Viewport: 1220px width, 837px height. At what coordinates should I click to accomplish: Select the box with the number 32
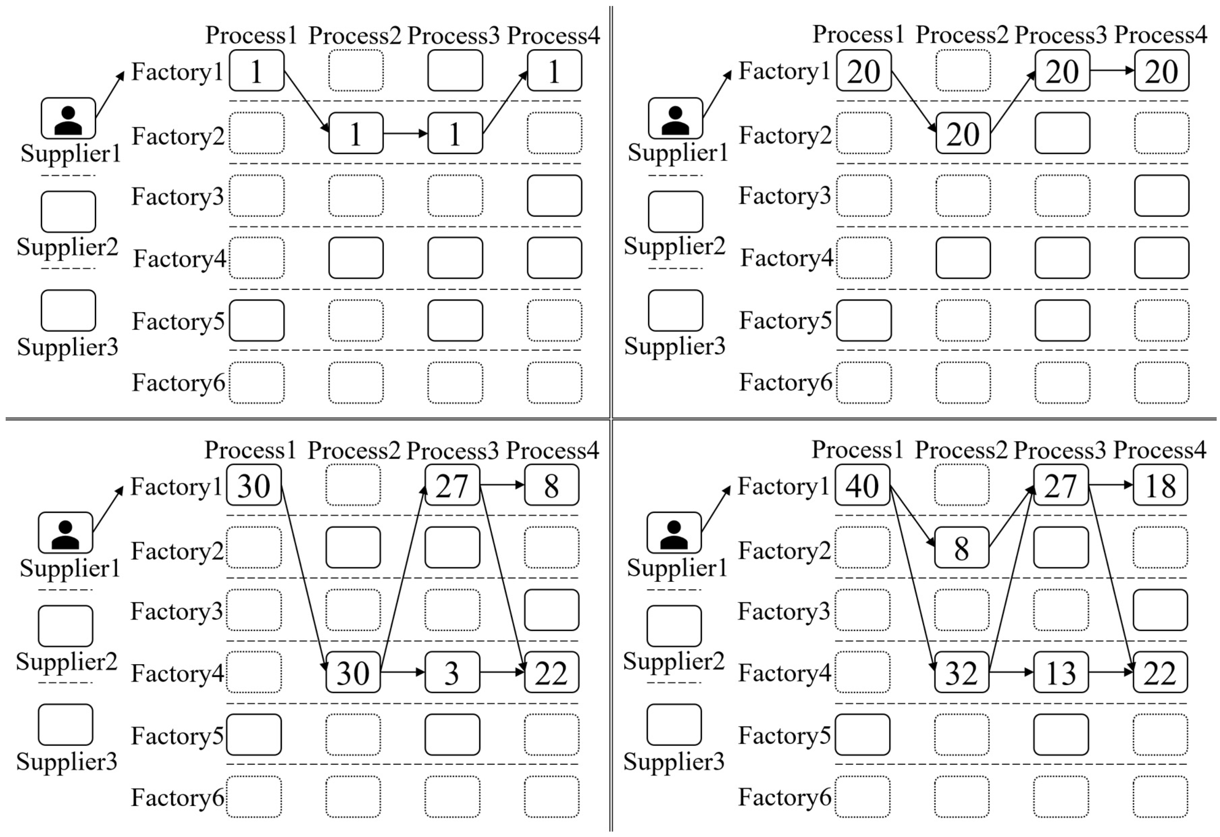[x=961, y=673]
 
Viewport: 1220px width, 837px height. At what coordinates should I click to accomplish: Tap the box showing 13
[x=1061, y=673]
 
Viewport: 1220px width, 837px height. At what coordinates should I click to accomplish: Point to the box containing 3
[x=452, y=673]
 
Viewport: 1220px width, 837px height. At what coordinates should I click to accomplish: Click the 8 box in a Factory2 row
[x=961, y=548]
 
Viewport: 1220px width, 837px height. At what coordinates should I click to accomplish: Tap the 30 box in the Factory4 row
[x=353, y=673]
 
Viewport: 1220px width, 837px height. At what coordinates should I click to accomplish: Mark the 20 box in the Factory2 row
[x=963, y=133]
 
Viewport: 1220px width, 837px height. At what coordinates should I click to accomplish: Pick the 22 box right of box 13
[x=1160, y=673]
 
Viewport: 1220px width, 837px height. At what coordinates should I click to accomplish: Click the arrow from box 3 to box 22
[x=502, y=672]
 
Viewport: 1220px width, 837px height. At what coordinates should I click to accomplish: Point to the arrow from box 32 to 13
[x=1011, y=672]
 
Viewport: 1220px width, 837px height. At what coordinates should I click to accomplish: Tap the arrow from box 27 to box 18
[x=1111, y=485]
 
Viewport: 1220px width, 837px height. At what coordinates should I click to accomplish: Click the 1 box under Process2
[x=356, y=133]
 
